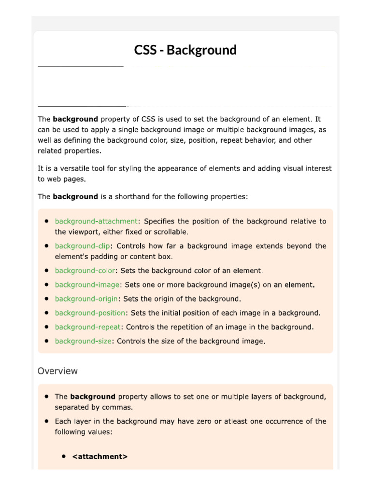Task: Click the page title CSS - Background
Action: tap(185, 50)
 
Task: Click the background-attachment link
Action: tap(97, 221)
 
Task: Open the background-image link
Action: tap(87, 285)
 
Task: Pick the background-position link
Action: tap(90, 313)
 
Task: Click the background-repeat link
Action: tap(88, 327)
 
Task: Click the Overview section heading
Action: tap(57, 371)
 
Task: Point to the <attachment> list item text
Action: tap(100, 456)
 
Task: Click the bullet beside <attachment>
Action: tap(64, 456)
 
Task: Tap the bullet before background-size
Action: tap(46, 341)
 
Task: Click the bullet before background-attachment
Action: tap(46, 221)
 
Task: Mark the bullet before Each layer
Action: tap(46, 421)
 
